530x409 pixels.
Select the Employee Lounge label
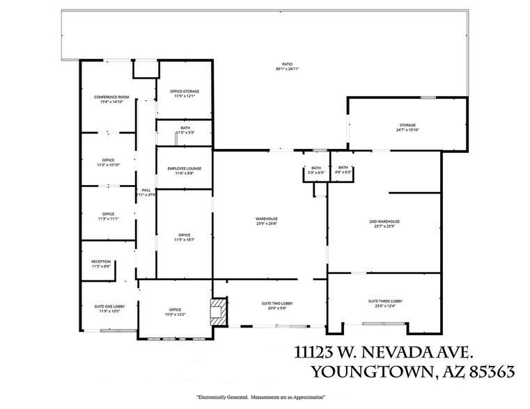point(184,170)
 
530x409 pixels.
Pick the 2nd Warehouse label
point(384,223)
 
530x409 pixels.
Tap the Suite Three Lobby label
point(385,303)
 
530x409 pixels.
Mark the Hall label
point(146,192)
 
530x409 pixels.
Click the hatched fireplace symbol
point(217,311)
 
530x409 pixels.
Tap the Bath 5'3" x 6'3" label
point(316,170)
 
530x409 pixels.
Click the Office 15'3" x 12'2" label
point(174,312)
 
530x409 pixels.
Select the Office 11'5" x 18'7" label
point(184,237)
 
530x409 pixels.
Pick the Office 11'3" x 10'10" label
point(108,163)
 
